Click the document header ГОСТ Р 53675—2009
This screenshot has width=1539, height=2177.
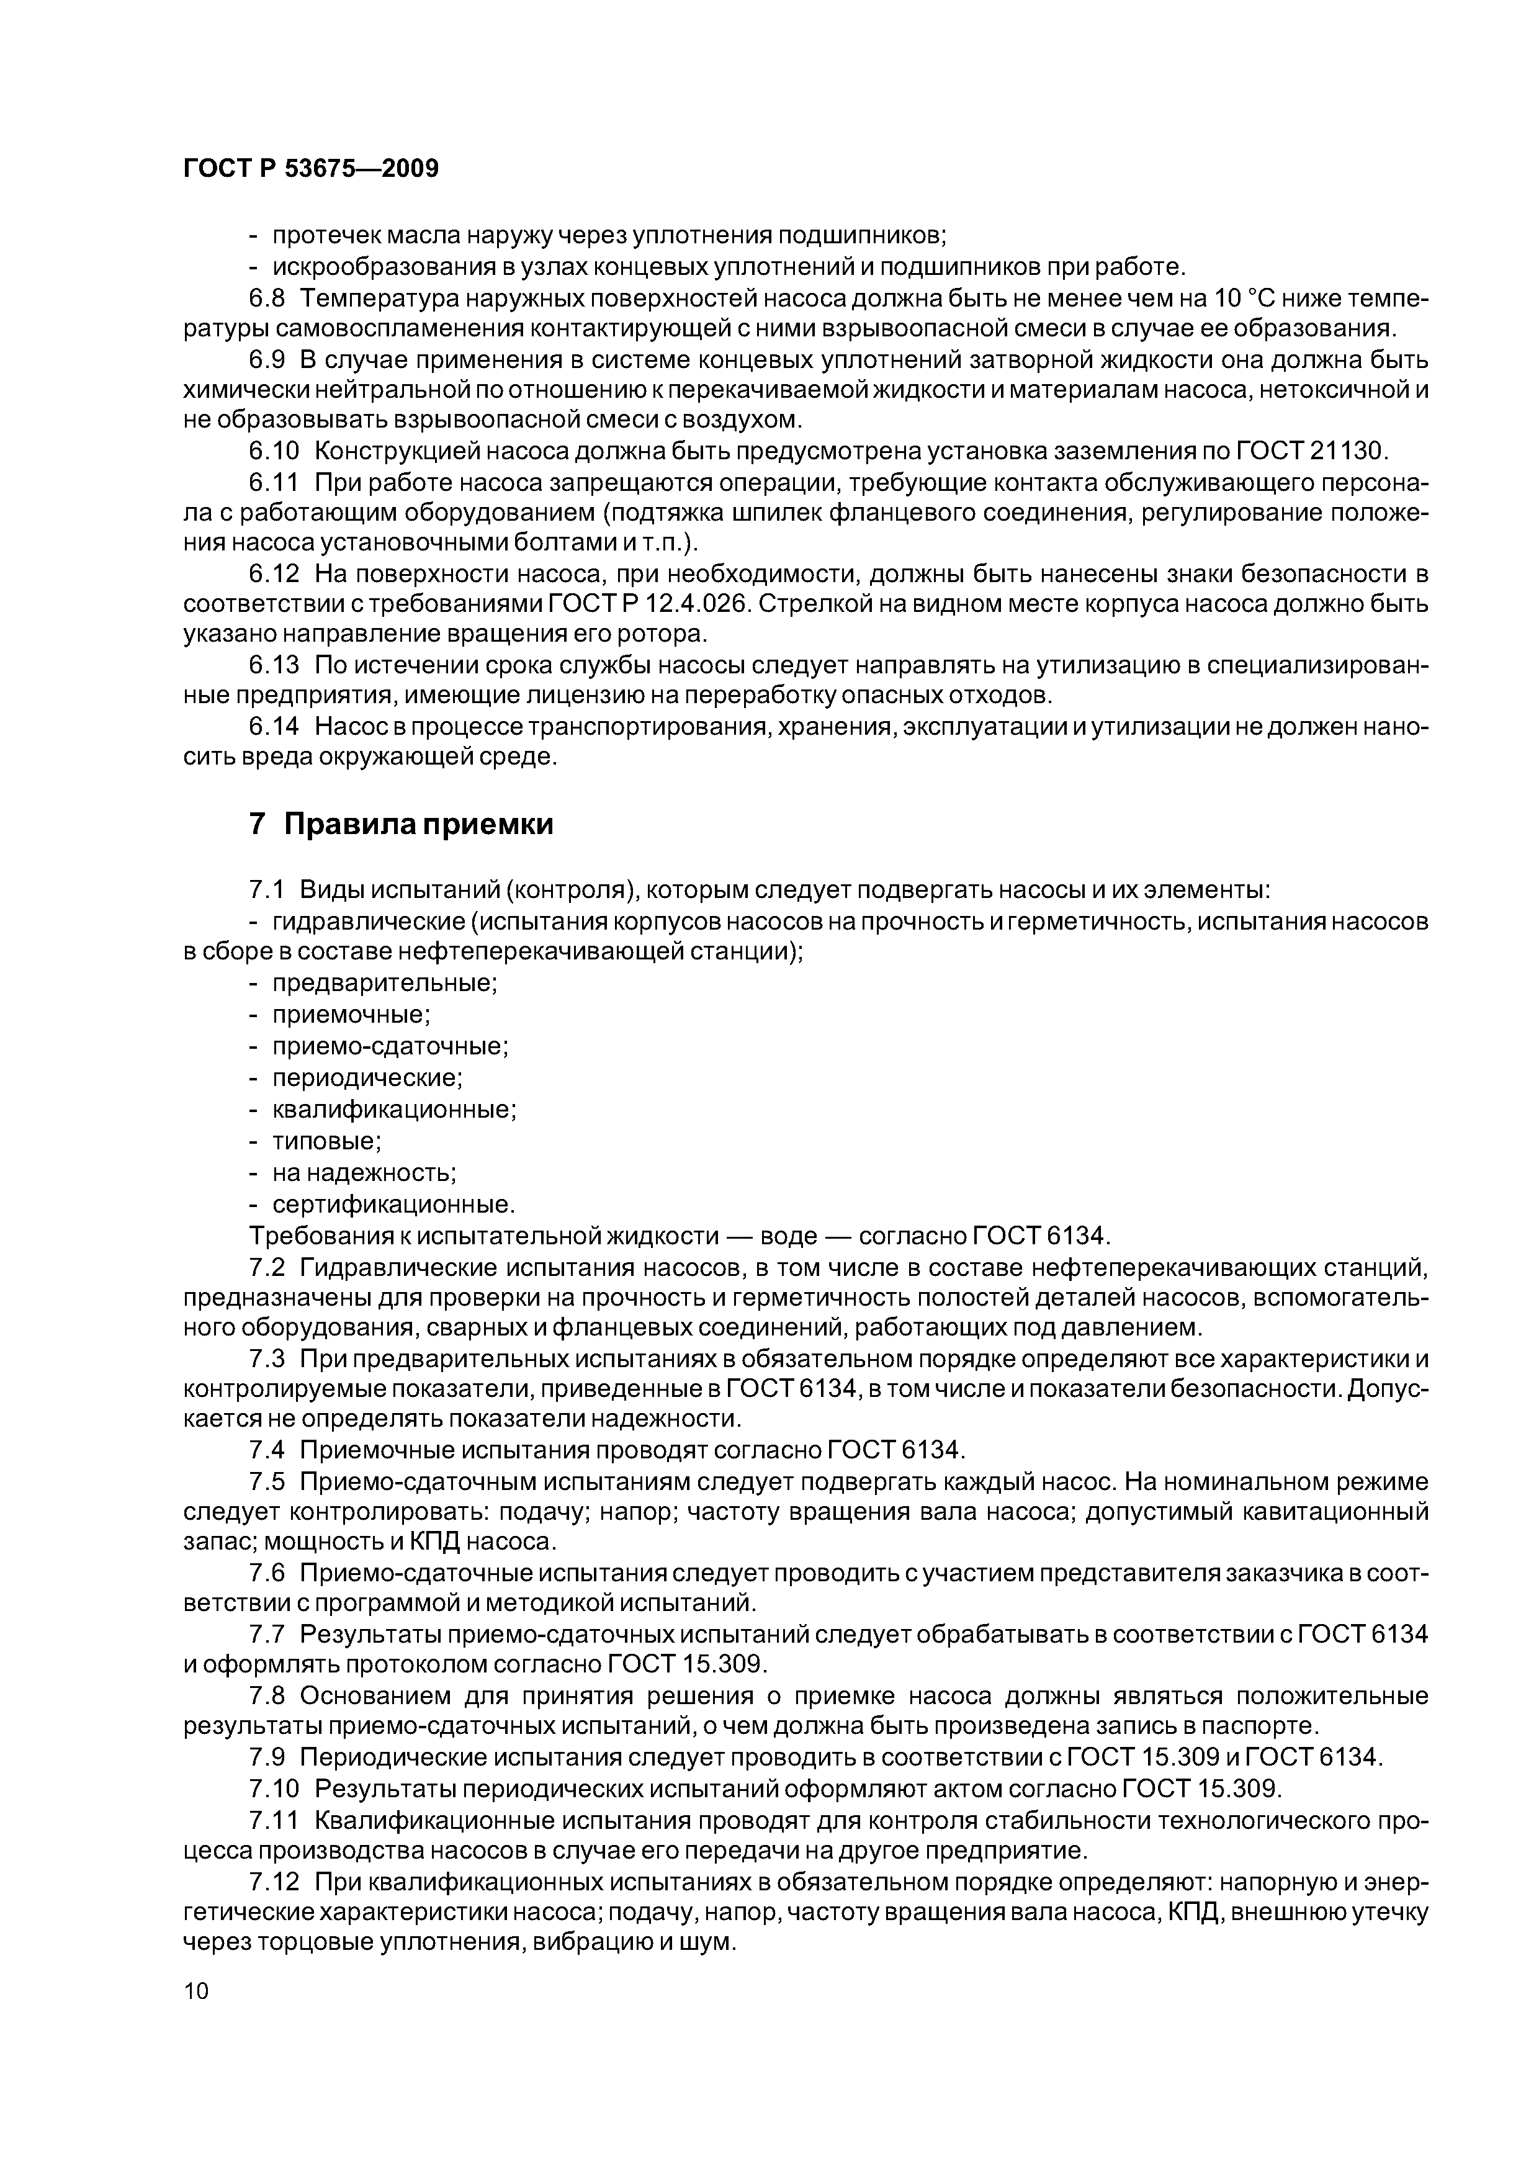coord(310,169)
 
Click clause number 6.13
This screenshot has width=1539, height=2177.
coord(274,666)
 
